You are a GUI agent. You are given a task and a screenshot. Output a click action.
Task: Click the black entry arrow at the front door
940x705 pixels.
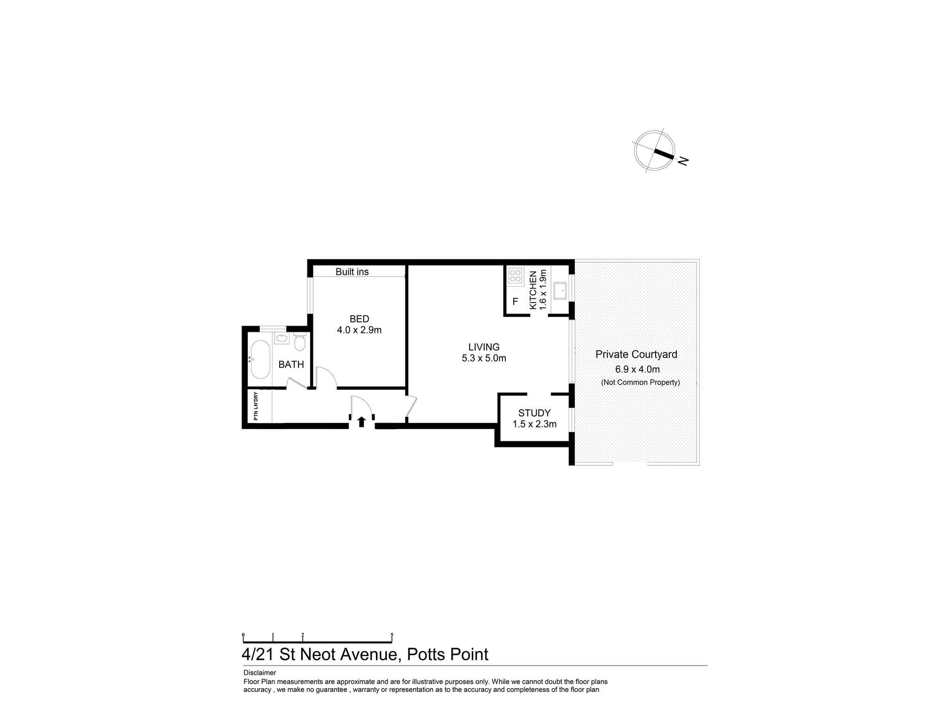361,422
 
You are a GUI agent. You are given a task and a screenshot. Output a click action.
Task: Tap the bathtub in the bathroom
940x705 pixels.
260,360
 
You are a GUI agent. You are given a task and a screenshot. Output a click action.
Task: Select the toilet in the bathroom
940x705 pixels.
299,343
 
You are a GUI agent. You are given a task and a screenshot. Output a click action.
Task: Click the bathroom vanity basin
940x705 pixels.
282,338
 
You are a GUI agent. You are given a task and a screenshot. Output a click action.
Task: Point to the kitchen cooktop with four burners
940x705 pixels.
515,276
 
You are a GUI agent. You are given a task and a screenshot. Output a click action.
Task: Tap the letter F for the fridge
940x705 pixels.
515,302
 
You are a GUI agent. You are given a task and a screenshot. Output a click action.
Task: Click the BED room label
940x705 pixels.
359,319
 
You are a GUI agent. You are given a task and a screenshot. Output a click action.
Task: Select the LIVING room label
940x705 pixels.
484,347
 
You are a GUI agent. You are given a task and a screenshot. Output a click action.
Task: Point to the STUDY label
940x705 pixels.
534,413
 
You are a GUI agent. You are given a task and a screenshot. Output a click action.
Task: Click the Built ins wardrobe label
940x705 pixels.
352,272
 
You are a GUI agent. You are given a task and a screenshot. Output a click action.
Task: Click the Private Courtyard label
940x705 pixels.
636,354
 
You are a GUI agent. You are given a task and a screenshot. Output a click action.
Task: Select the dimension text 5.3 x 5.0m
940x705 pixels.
484,358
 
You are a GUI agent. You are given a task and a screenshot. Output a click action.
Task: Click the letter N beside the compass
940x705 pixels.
683,161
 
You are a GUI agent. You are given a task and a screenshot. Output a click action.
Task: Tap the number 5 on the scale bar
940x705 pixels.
392,635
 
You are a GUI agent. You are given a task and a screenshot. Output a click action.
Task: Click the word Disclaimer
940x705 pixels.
259,673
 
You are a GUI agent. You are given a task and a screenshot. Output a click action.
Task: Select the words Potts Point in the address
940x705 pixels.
447,654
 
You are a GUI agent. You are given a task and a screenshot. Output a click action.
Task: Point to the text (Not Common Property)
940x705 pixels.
640,382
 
